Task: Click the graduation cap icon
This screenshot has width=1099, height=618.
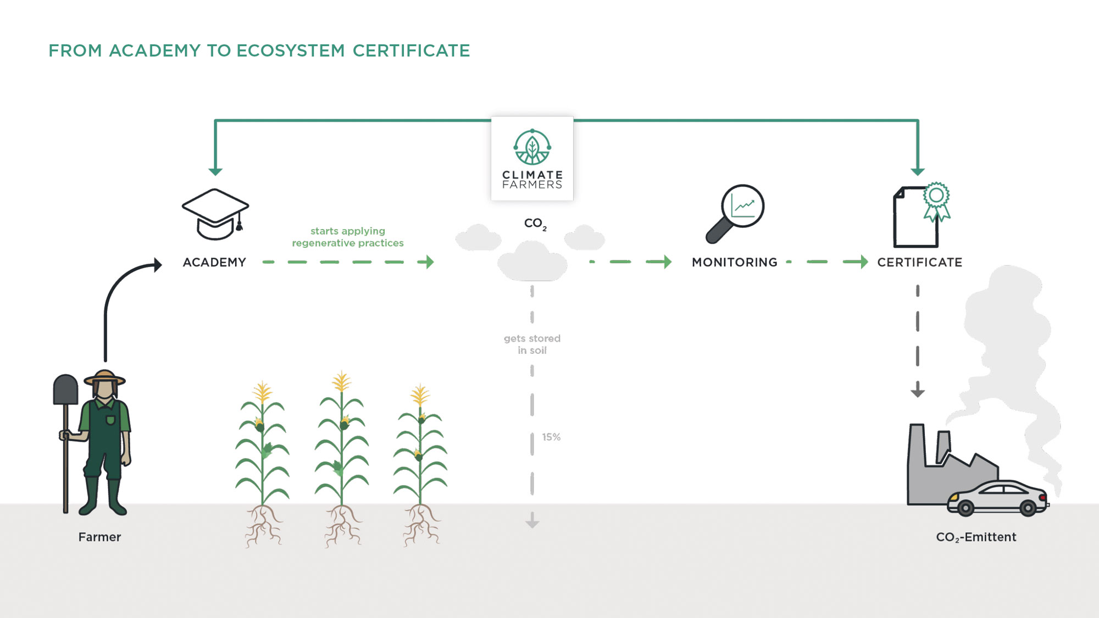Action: pos(215,213)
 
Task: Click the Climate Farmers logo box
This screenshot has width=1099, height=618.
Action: pos(532,158)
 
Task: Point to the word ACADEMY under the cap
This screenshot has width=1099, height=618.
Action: pos(214,263)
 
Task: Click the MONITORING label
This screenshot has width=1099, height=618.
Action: pos(735,263)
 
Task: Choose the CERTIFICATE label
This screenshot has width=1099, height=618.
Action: pos(919,263)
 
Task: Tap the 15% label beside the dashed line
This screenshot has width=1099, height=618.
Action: pos(551,437)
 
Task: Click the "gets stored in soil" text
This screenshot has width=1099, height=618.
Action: pos(532,344)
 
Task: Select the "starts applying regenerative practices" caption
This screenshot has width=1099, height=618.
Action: pos(348,237)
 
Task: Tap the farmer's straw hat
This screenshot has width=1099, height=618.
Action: pos(104,378)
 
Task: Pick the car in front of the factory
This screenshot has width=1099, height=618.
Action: pos(997,498)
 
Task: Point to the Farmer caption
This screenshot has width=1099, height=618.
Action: pos(99,537)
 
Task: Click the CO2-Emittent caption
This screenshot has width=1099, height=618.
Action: pos(976,537)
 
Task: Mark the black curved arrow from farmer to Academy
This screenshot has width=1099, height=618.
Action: pos(118,291)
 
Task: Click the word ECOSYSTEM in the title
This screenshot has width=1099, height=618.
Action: pos(290,51)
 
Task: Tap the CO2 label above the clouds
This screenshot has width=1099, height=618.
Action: pos(535,224)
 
